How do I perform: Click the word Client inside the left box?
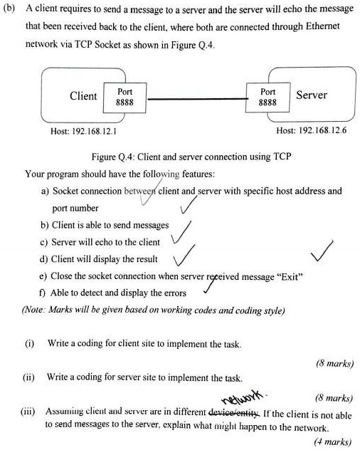click(83, 96)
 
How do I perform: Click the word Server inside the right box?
click(311, 95)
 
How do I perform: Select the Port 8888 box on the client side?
click(125, 97)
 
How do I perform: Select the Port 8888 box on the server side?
click(268, 97)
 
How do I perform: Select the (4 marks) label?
click(333, 441)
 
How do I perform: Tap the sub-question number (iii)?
click(31, 412)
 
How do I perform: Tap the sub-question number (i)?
click(30, 344)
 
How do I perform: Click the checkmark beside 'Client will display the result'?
click(183, 254)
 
